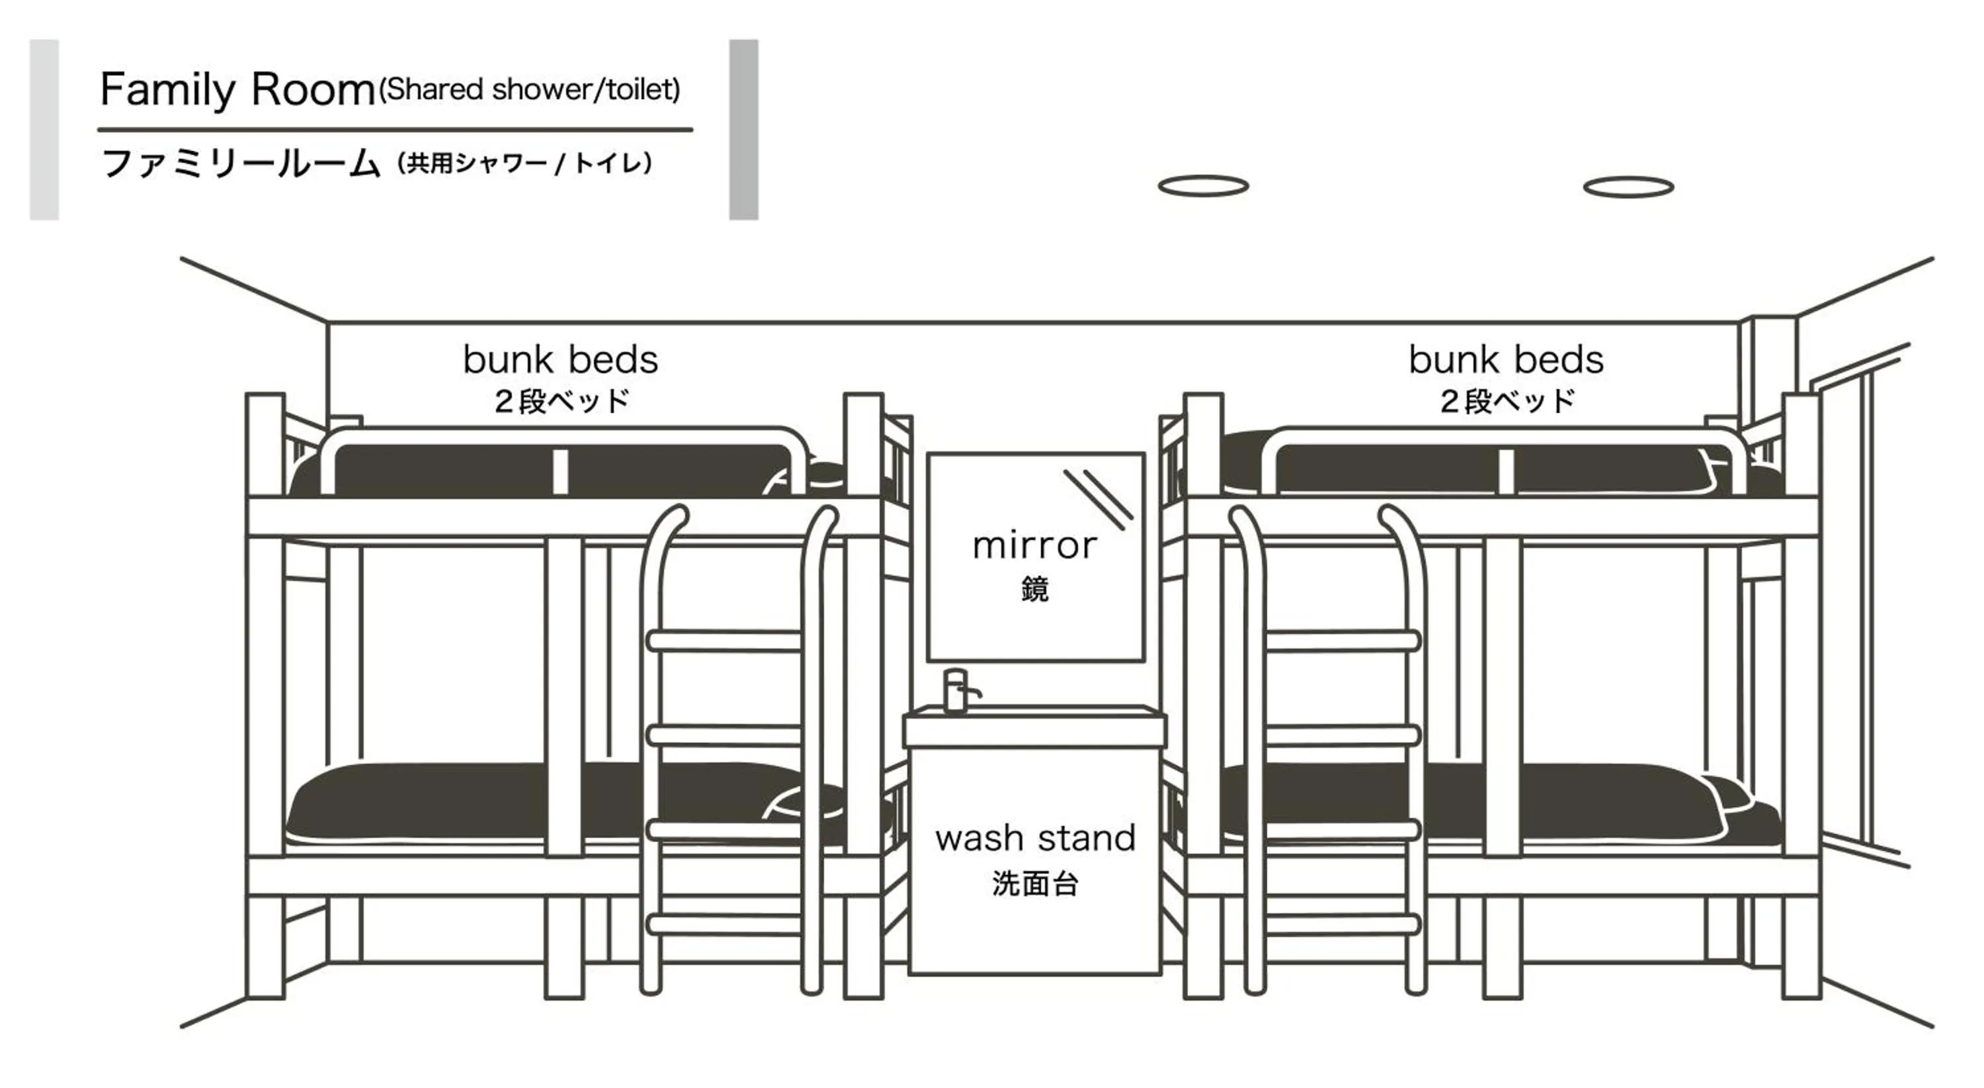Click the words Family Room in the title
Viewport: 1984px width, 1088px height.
pos(237,89)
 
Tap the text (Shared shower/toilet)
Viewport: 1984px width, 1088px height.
pos(530,89)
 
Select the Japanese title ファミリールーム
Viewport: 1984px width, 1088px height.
pos(240,163)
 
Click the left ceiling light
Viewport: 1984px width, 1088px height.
pos(1203,186)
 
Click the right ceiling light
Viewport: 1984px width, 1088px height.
pos(1628,187)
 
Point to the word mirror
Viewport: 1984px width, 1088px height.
pos(1034,545)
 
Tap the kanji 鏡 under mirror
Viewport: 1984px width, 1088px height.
pos(1034,590)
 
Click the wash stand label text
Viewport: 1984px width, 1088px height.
pos(1035,839)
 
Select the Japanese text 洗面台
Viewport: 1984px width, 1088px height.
pos(1035,883)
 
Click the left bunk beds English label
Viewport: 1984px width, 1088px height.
pos(561,359)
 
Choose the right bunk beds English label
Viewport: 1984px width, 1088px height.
pos(1506,359)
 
